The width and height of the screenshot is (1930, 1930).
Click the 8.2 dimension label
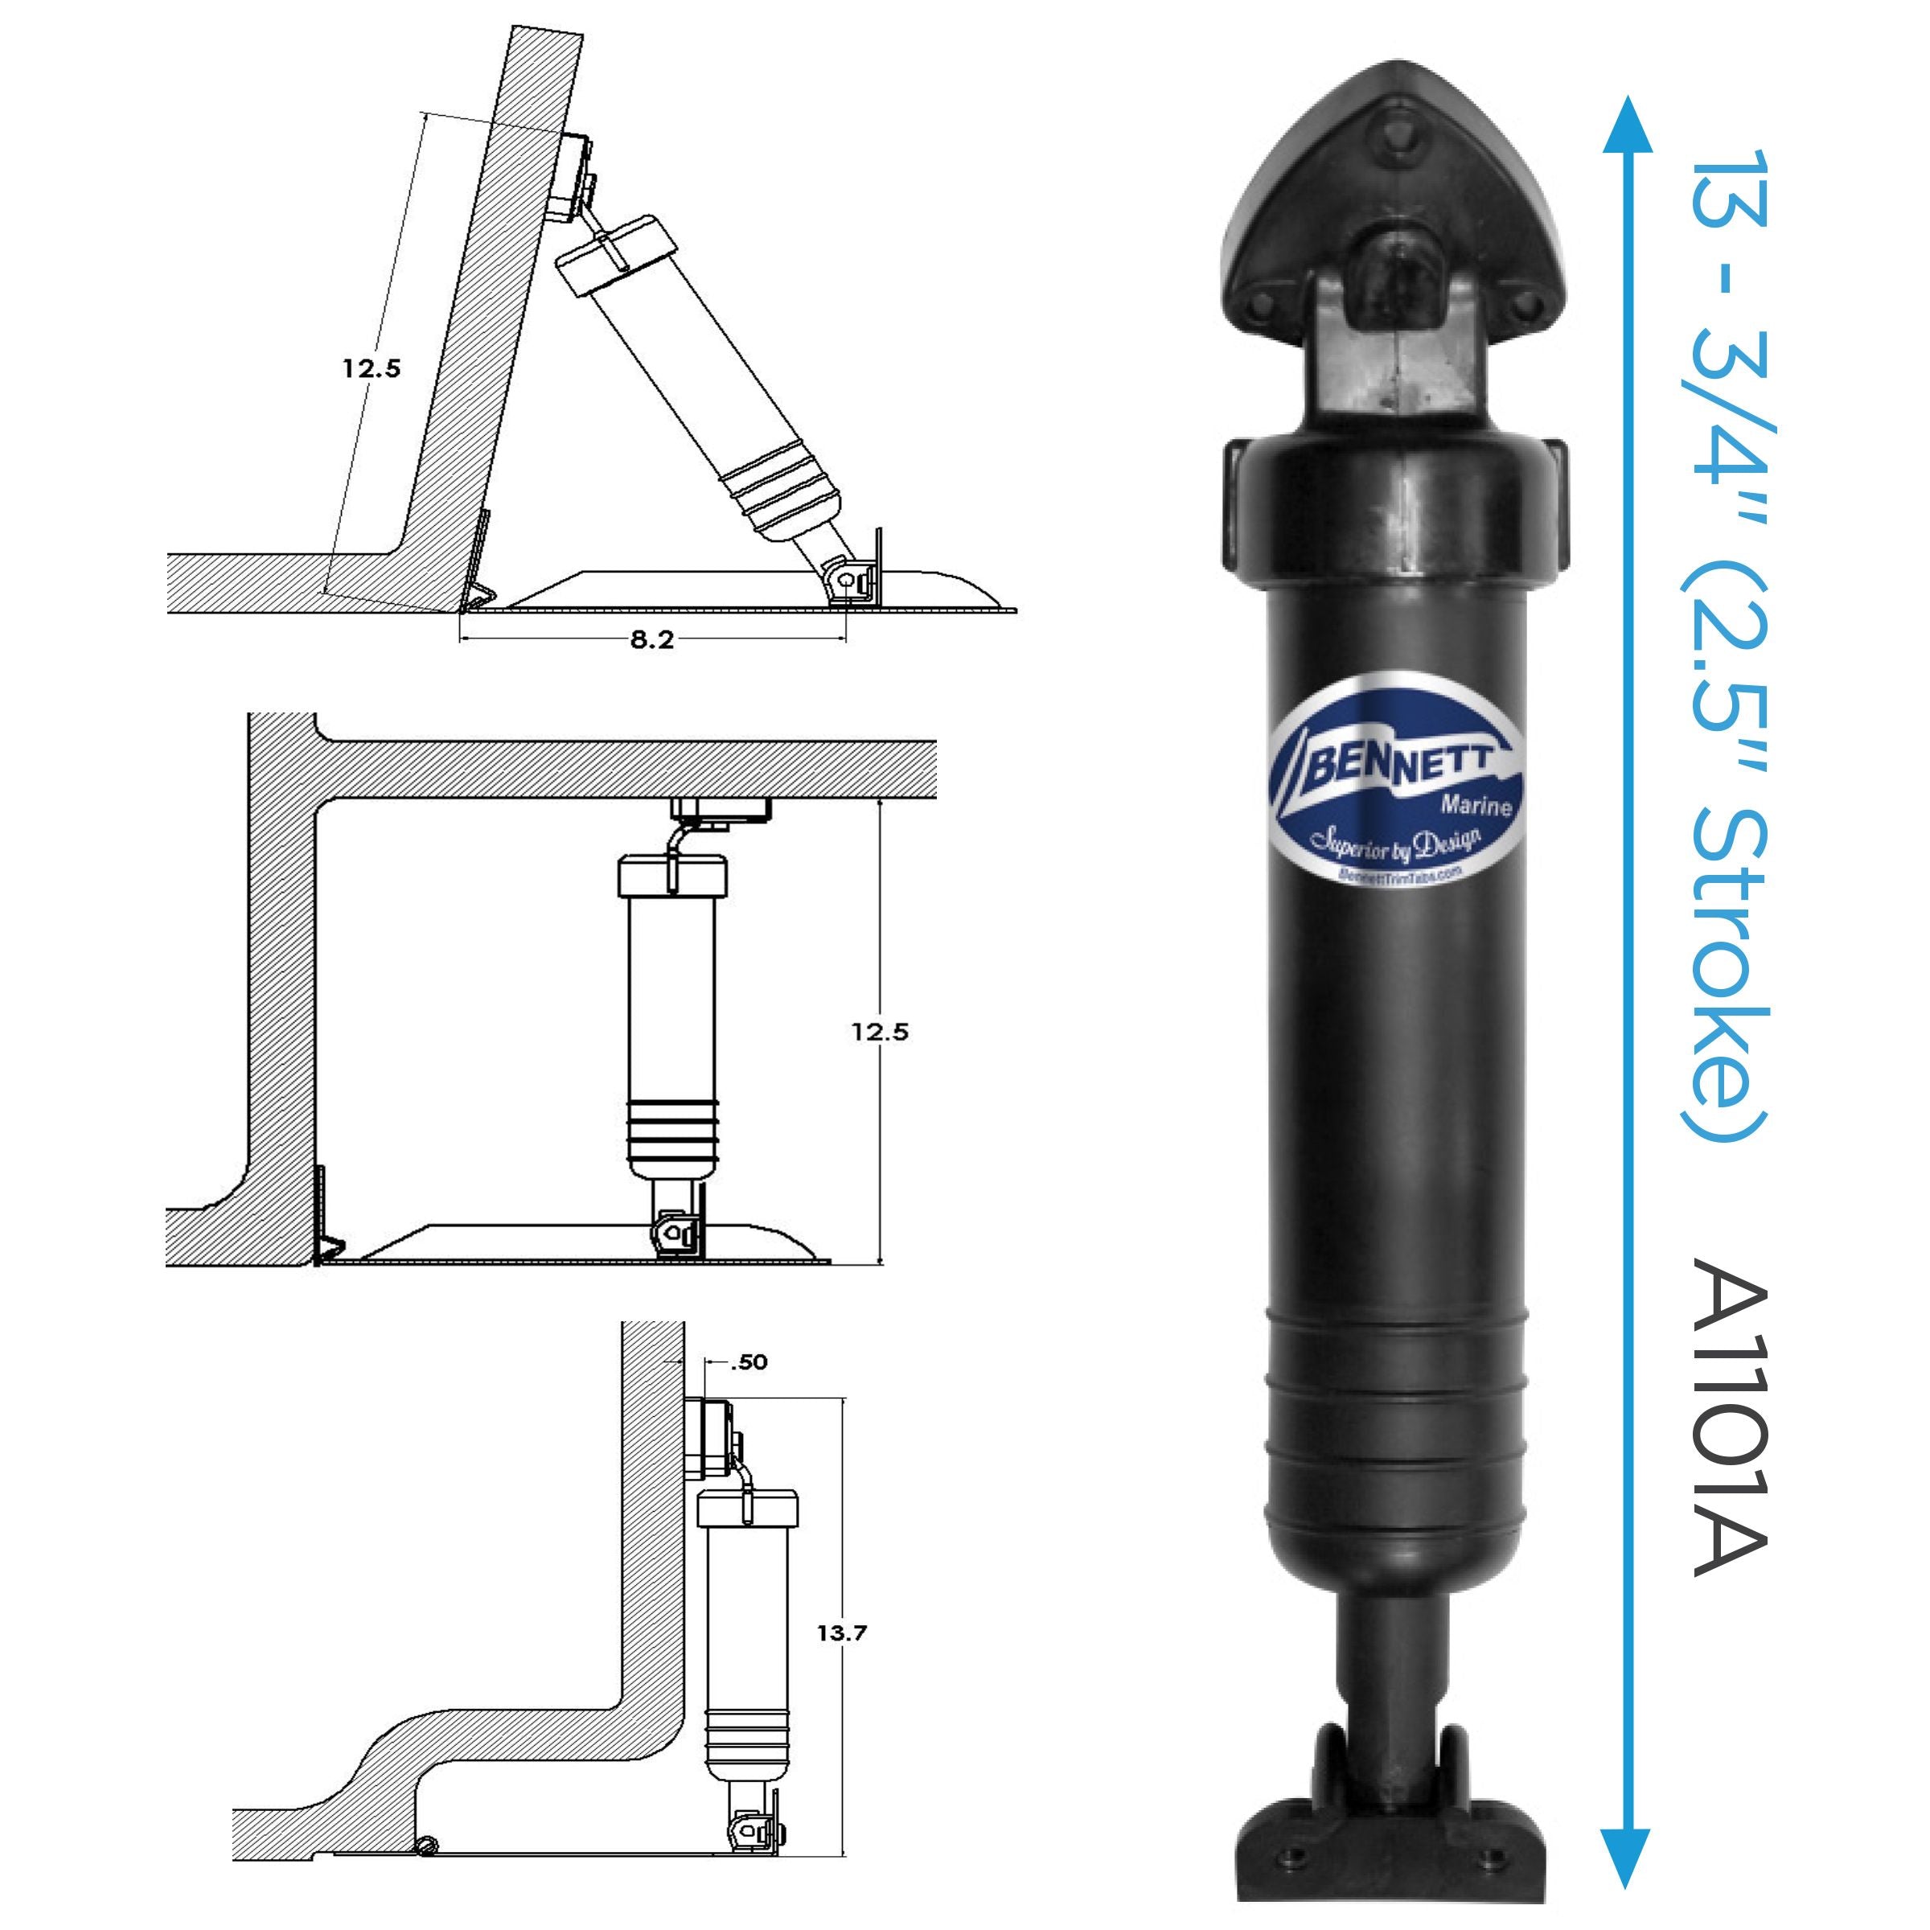point(651,640)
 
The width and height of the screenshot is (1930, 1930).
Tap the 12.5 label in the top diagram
point(372,368)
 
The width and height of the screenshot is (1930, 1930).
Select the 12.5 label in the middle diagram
point(880,1032)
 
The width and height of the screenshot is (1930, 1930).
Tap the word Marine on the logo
point(1475,804)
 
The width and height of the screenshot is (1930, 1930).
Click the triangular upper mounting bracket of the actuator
point(1394,230)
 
